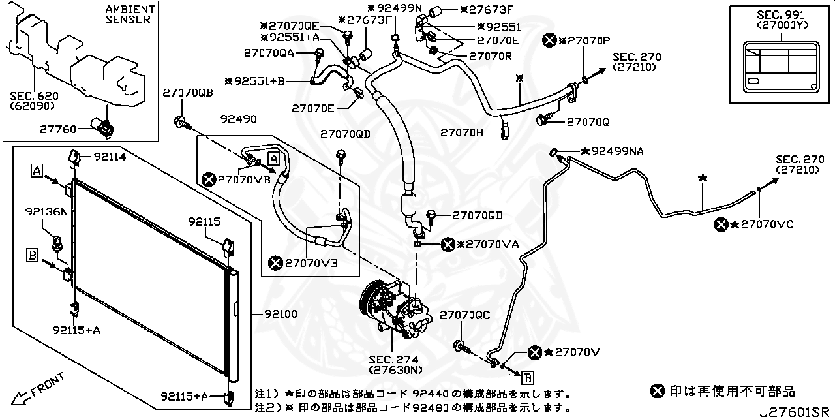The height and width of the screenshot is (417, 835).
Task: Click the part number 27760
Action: [77, 129]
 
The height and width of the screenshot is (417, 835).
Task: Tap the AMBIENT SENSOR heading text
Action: [130, 14]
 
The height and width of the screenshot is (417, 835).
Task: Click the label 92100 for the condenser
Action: [281, 314]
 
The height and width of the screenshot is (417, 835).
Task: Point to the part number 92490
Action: [238, 119]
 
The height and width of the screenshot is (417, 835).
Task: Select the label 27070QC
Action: [464, 315]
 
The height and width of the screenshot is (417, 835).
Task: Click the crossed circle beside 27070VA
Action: [448, 244]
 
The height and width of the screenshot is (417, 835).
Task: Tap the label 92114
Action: [110, 157]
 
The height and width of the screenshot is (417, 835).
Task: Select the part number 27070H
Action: [462, 132]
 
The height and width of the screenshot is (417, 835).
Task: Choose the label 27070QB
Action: [188, 93]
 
